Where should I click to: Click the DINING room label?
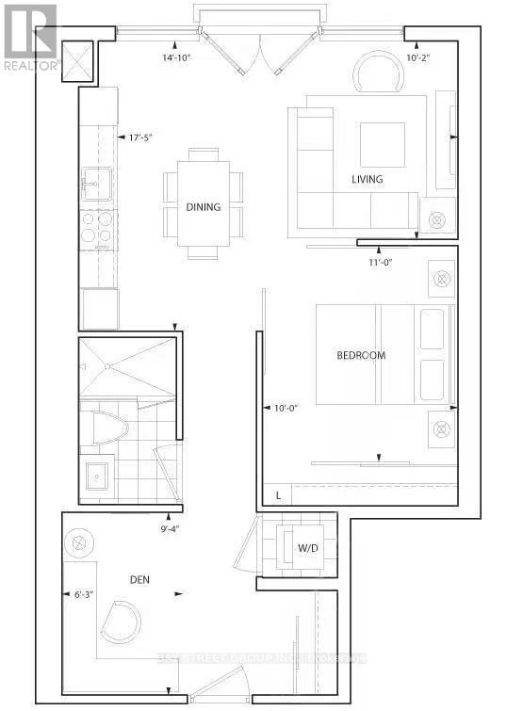[x=204, y=207]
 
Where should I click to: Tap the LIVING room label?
[x=367, y=179]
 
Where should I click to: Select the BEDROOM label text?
[x=362, y=355]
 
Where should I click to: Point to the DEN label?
[x=140, y=580]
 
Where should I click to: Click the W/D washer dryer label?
[x=308, y=547]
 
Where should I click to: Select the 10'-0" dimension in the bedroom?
[x=285, y=407]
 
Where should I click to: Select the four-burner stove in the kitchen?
[x=96, y=227]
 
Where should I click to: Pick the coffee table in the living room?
[x=382, y=144]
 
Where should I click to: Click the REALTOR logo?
[x=30, y=38]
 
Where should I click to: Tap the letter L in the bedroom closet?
[x=278, y=493]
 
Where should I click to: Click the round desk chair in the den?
[x=122, y=620]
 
